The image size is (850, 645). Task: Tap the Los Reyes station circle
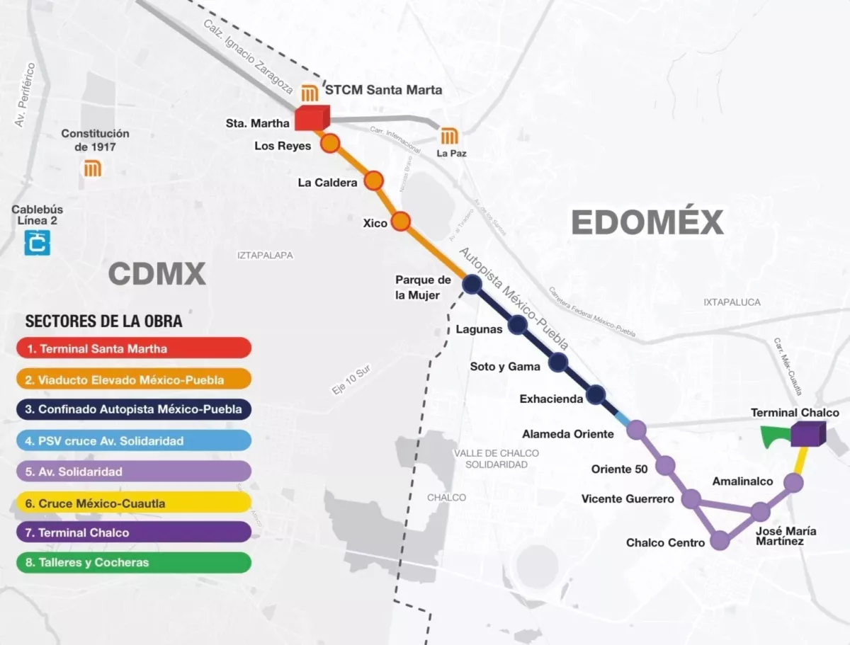pyautogui.click(x=330, y=144)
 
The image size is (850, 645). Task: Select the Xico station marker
pyautogui.click(x=401, y=222)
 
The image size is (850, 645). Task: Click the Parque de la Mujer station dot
pyautogui.click(x=472, y=285)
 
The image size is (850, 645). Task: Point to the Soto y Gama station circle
pyautogui.click(x=558, y=363)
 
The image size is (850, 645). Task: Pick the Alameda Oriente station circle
pyautogui.click(x=636, y=430)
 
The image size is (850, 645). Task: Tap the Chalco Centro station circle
pyautogui.click(x=720, y=541)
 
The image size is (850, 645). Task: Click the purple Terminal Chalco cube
pyautogui.click(x=807, y=434)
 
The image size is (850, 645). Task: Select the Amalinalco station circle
pyautogui.click(x=793, y=483)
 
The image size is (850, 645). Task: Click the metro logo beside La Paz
pyautogui.click(x=450, y=136)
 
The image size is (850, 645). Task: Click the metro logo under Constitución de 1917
pyautogui.click(x=93, y=169)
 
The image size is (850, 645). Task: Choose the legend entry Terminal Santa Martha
pyautogui.click(x=134, y=348)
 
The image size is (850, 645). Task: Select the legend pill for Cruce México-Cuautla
pyautogui.click(x=134, y=503)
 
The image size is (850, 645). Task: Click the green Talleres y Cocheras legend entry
pyautogui.click(x=134, y=563)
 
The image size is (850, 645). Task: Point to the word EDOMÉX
pyautogui.click(x=647, y=222)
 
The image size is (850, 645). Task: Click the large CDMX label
pyautogui.click(x=157, y=273)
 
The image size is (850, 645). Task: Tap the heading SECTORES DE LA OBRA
pyautogui.click(x=103, y=321)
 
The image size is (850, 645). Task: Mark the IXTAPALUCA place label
pyautogui.click(x=732, y=302)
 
